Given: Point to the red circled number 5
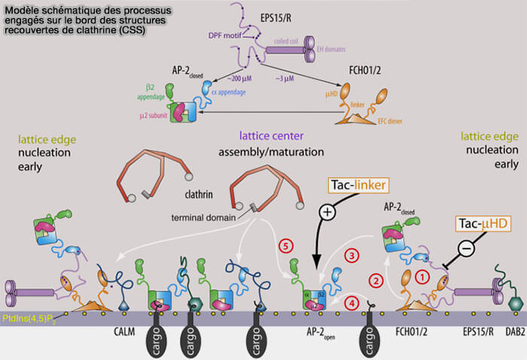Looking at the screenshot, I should point(285,246).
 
